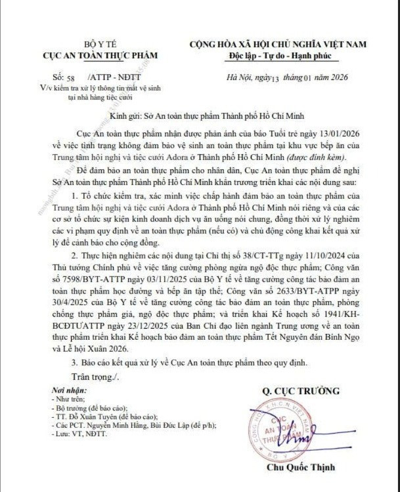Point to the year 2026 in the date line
pos(337,77)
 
